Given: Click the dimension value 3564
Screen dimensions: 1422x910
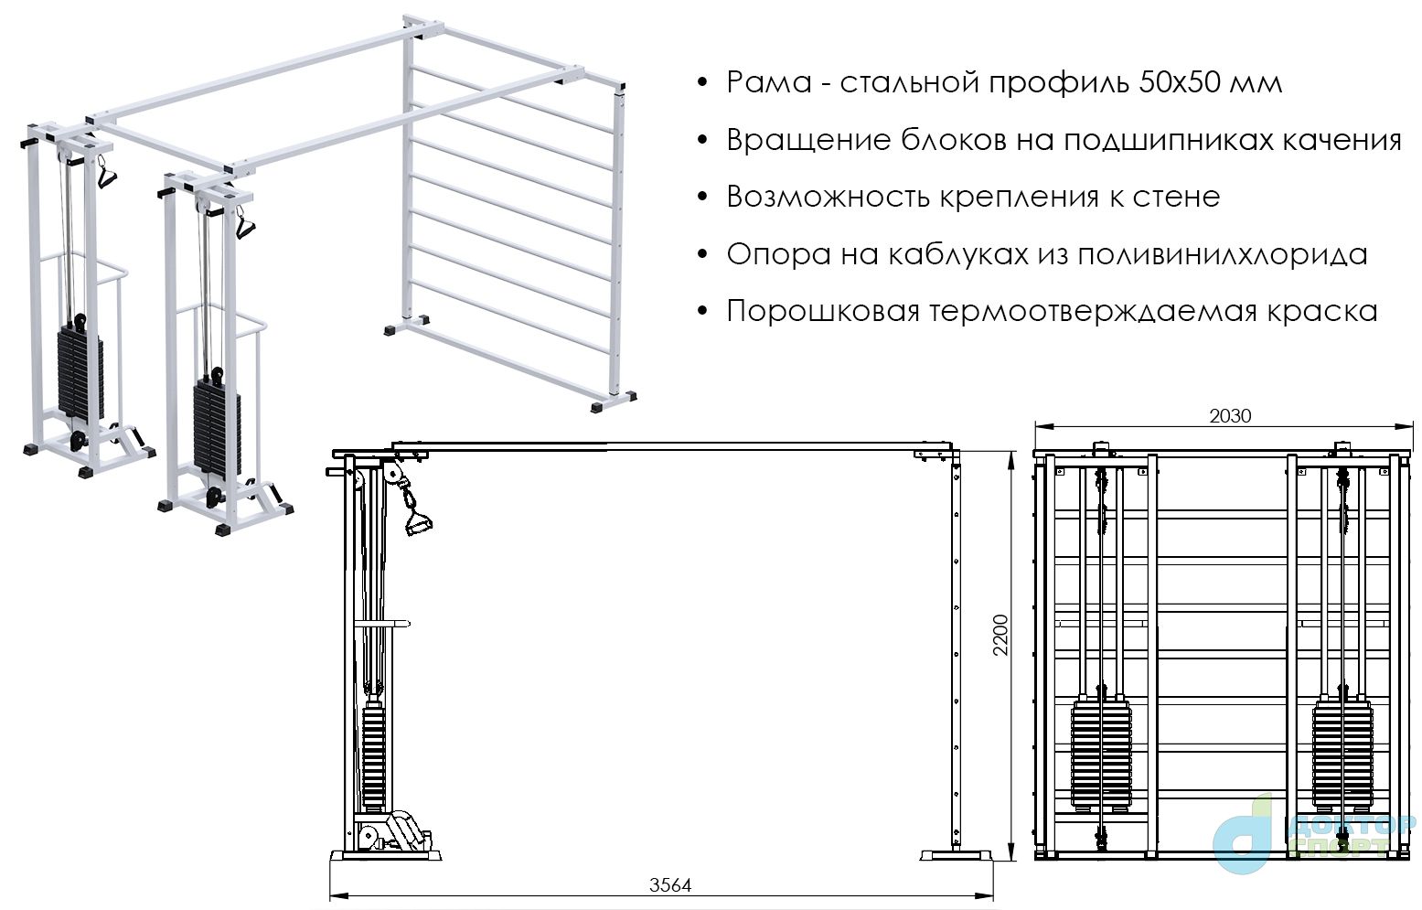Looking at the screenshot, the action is point(669,884).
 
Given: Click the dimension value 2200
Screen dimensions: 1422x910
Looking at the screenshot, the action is point(1000,635).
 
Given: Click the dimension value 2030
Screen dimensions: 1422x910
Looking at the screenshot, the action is point(1230,416).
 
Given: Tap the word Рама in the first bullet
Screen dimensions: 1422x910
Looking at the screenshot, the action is point(769,82).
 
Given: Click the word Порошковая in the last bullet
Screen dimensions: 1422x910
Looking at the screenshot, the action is point(822,312).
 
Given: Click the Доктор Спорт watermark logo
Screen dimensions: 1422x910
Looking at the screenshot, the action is point(1314,835).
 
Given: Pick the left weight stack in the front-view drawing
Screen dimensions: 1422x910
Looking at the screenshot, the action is point(1101,755).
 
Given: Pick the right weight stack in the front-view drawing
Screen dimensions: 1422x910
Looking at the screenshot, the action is point(1342,755).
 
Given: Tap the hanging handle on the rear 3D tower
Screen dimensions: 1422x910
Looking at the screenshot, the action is point(106,171).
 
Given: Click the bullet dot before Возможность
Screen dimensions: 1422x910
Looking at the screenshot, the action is point(701,197).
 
